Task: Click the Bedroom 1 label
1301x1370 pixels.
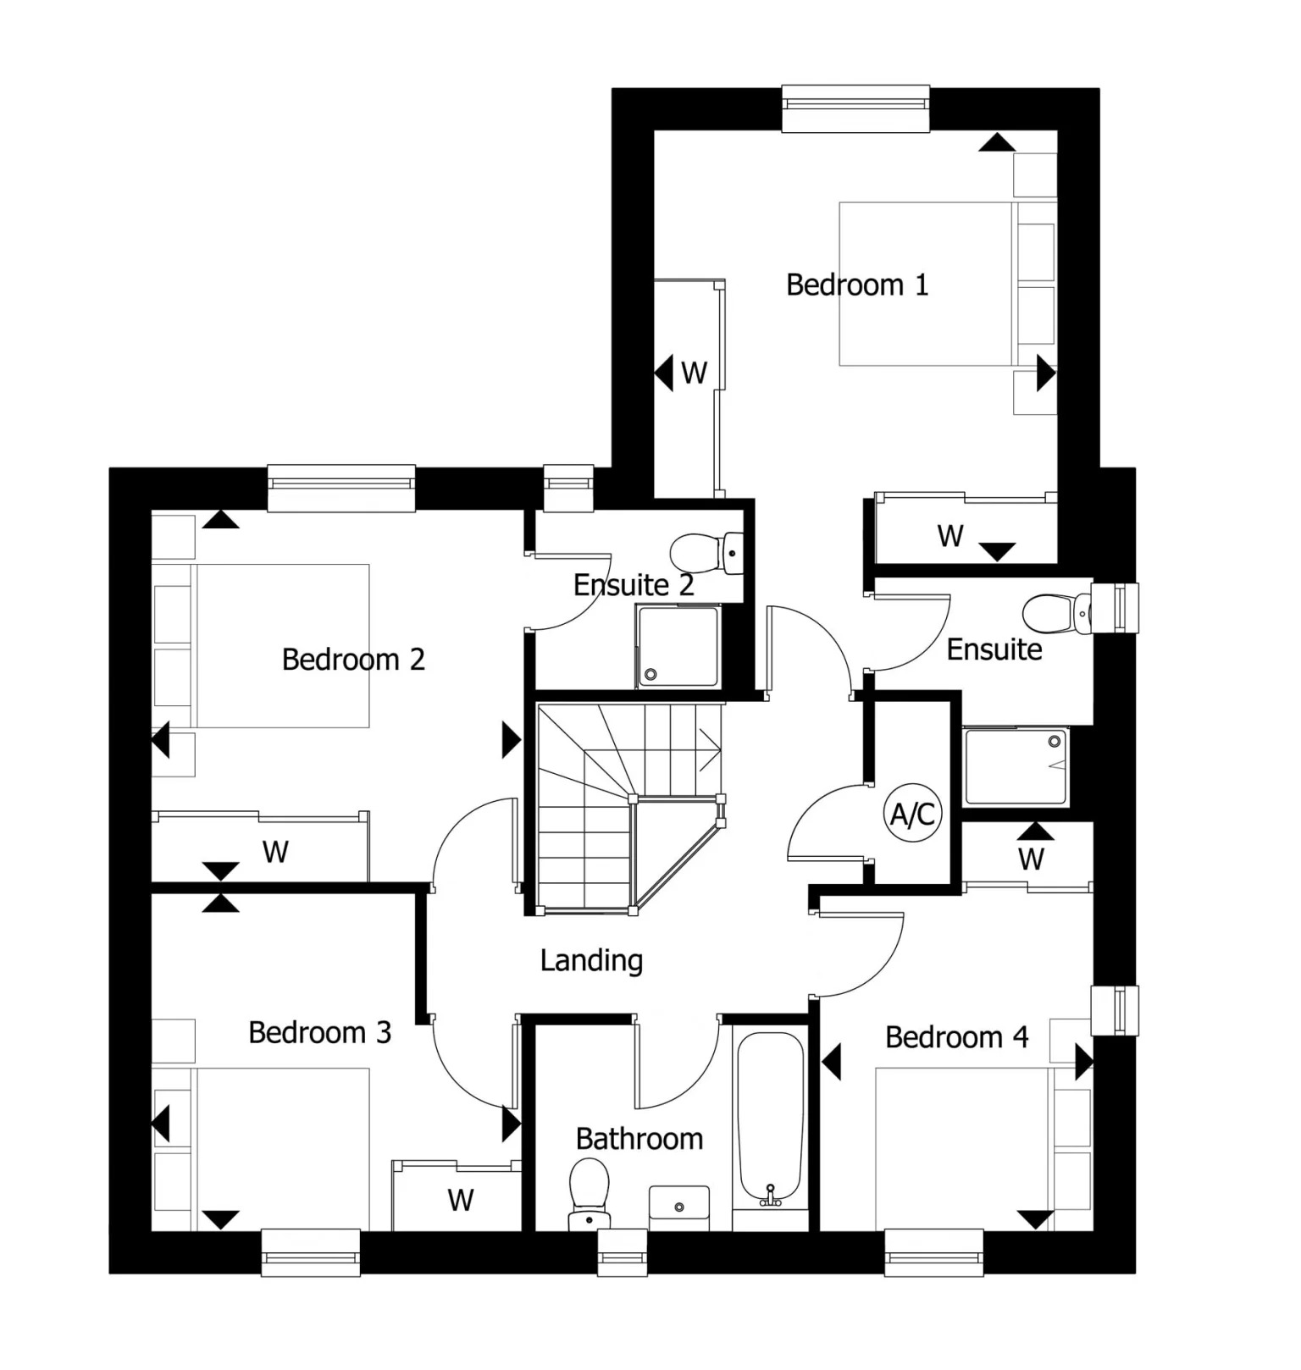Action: pos(857,284)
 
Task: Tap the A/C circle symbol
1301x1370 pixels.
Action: pos(912,814)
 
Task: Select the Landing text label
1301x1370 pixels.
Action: pos(591,960)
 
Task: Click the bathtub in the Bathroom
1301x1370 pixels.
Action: pos(770,1119)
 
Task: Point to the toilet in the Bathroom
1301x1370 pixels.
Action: pos(590,1192)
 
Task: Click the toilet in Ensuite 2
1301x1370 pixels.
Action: pos(707,553)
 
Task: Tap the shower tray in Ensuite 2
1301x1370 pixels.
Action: pos(678,647)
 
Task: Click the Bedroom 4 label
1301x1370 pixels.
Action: pos(956,1037)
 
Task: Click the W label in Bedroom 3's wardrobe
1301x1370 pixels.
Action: pos(461,1200)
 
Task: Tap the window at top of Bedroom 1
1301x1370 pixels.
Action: pos(855,108)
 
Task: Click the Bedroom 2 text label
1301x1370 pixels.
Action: pos(353,660)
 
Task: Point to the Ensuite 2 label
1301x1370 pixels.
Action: pos(634,585)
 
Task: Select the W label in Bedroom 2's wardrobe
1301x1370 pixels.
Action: pos(275,851)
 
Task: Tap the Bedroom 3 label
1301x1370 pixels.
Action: pos(319,1033)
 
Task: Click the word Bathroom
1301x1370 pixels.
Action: pos(639,1139)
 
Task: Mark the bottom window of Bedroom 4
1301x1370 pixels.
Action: pos(933,1252)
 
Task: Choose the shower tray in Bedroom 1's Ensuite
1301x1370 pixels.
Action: pos(1016,766)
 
